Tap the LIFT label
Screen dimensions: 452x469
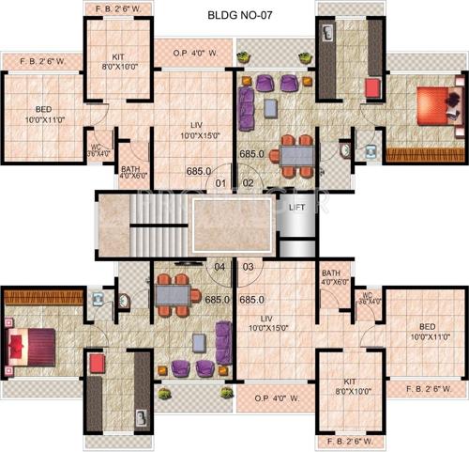(296, 206)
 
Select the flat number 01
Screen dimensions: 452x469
(221, 182)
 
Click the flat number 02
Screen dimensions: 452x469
(249, 182)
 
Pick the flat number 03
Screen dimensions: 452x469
(249, 267)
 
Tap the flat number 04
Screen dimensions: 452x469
(220, 267)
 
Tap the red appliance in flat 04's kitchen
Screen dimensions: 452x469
(96, 364)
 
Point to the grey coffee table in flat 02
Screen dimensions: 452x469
(270, 108)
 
